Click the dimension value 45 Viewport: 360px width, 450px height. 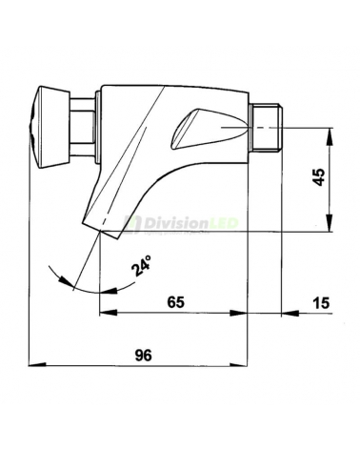(x=320, y=176)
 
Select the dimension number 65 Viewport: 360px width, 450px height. (x=173, y=301)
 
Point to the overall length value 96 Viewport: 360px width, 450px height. (x=143, y=354)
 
